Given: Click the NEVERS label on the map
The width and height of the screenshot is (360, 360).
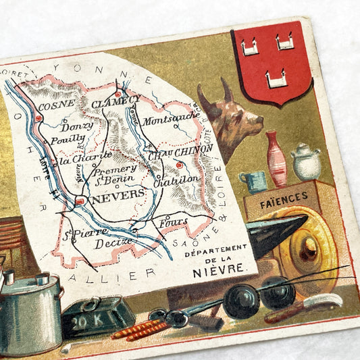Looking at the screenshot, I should (x=118, y=195).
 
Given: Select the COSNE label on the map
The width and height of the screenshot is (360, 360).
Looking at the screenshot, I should (x=56, y=106).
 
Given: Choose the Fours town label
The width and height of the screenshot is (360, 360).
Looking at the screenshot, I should (x=174, y=221).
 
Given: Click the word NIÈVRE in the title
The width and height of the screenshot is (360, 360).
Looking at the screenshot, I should (x=217, y=268).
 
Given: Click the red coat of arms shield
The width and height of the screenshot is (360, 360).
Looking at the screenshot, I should (x=271, y=62).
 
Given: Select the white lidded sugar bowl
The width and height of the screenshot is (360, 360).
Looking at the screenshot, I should (x=305, y=162).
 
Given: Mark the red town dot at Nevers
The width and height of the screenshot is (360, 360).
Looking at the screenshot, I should (x=79, y=201).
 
